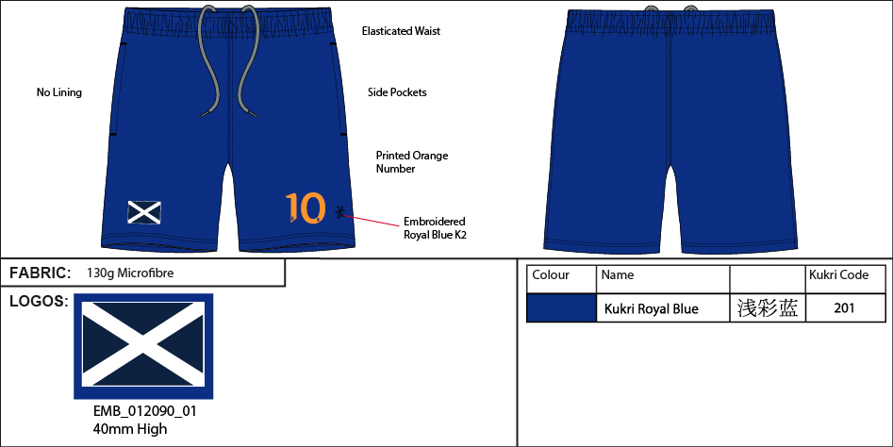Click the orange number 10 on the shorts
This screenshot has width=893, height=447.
pos(306,207)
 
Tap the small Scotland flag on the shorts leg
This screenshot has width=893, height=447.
pos(144,212)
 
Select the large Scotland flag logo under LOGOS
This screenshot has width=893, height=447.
pos(143,346)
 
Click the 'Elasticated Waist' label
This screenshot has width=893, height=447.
pos(401,31)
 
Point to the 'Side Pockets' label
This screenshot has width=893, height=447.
pos(397,92)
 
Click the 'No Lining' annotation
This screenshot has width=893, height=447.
pos(59,92)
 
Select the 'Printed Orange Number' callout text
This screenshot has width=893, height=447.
pos(412,162)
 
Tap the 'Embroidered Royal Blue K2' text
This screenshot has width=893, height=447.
pos(435,228)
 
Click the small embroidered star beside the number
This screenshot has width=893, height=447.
pos(339,212)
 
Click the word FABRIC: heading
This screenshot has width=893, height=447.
pos(41,273)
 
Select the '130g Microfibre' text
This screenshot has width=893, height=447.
pos(130,273)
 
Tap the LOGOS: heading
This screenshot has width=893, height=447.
pos(39,301)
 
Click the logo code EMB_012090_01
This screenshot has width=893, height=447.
pos(145,412)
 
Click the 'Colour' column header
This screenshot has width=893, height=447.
pos(551,275)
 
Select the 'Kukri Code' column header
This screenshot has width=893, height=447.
pos(839,275)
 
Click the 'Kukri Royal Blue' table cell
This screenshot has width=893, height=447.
pos(651,308)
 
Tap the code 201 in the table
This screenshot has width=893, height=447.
pos(845,307)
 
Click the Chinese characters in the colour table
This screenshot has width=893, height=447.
pos(767,307)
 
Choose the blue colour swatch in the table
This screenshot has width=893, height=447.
pos(561,307)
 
